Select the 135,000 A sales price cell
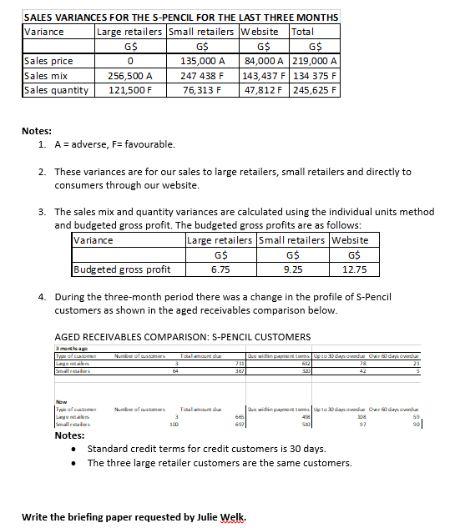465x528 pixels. pyautogui.click(x=202, y=61)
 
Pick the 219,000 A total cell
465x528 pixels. pyautogui.click(x=313, y=61)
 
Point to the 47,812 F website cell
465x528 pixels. pyautogui.click(x=263, y=89)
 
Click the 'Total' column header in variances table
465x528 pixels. pyautogui.click(x=303, y=32)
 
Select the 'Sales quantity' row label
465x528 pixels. pyautogui.click(x=56, y=89)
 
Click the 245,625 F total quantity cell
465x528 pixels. pyautogui.click(x=313, y=89)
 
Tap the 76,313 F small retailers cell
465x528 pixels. pyautogui.click(x=202, y=89)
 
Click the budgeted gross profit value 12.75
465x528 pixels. pyautogui.click(x=355, y=269)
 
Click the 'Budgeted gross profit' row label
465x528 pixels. pyautogui.click(x=122, y=269)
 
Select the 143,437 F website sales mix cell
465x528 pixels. pyautogui.click(x=263, y=75)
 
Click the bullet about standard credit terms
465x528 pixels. pyautogui.click(x=206, y=449)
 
